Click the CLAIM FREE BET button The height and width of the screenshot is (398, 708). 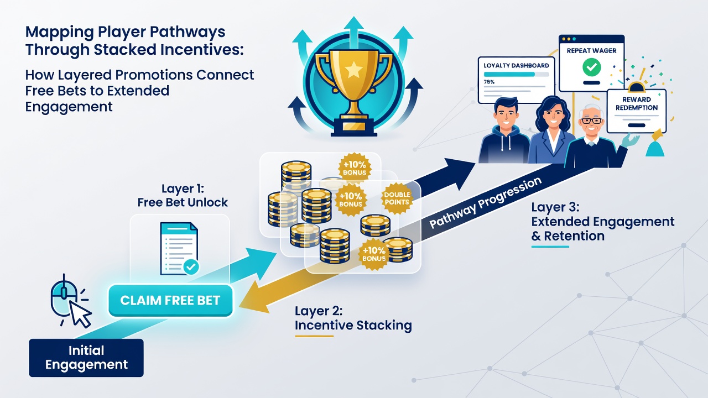(170, 300)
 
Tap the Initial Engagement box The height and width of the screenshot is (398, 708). (86, 358)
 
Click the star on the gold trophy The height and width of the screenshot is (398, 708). (353, 70)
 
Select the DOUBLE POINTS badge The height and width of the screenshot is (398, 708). (397, 198)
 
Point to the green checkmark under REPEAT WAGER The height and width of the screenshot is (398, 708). (592, 67)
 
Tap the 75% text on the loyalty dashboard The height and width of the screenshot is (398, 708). (489, 82)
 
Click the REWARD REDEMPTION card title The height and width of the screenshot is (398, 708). (636, 103)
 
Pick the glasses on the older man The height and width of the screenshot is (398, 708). (592, 121)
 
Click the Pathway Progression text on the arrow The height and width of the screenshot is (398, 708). (485, 202)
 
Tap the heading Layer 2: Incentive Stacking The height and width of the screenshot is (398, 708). (353, 318)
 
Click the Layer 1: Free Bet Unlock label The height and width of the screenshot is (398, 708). (183, 196)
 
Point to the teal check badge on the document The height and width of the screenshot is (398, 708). (191, 267)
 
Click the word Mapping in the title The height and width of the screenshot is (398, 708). (60, 33)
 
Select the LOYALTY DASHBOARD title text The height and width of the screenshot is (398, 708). (516, 65)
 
